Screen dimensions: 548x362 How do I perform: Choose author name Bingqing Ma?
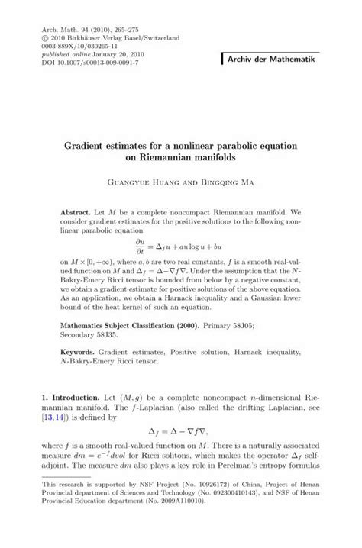231,183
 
